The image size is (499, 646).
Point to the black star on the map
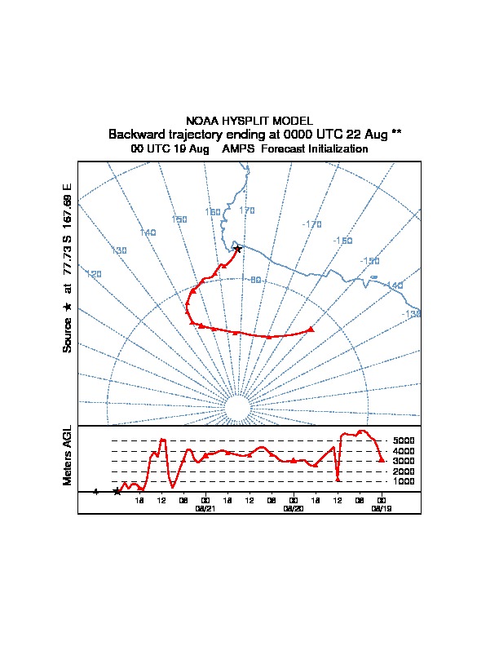(x=237, y=249)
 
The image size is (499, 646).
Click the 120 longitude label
(x=94, y=274)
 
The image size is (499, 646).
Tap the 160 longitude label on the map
(x=213, y=212)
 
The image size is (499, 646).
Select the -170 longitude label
(x=311, y=224)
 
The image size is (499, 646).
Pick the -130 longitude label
(x=411, y=314)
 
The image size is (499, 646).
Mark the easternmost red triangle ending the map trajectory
(x=311, y=330)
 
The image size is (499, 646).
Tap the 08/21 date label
(x=205, y=508)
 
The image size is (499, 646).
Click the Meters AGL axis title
(x=68, y=456)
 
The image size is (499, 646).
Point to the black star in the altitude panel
(x=117, y=492)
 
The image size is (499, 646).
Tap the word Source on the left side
(x=68, y=334)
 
